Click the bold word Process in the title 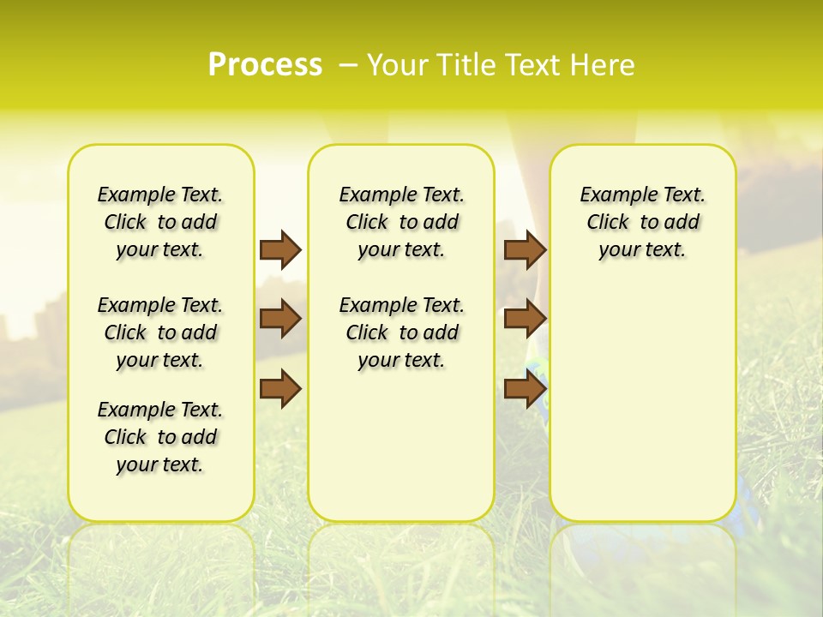(x=265, y=64)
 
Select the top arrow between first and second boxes (x=280, y=249)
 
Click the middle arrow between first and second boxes (x=280, y=319)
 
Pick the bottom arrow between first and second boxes (x=280, y=389)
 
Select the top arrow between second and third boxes (x=525, y=249)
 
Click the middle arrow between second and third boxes (x=525, y=319)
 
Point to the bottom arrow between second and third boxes (x=525, y=389)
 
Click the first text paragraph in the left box (x=160, y=222)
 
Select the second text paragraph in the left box (x=160, y=332)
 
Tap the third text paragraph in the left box (x=160, y=437)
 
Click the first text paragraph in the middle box (x=401, y=222)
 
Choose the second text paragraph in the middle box (x=401, y=332)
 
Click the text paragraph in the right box (x=642, y=222)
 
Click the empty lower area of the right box (x=642, y=411)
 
